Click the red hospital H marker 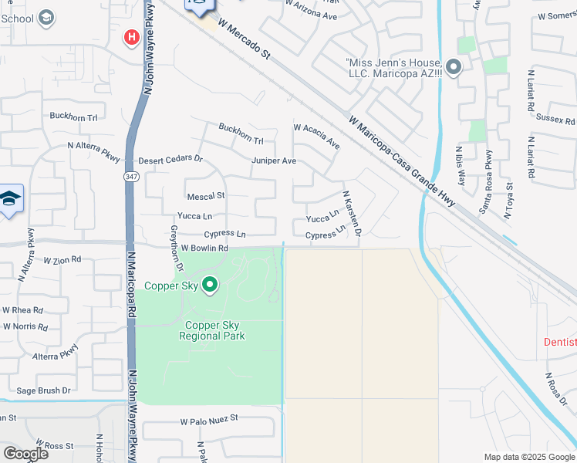click(131, 36)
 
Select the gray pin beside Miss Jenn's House click(453, 69)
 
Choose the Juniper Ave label click(273, 161)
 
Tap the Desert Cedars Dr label click(170, 160)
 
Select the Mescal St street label click(205, 196)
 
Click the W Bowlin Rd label click(204, 248)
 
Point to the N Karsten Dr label click(352, 214)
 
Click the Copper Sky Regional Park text click(212, 330)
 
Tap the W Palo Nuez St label click(210, 421)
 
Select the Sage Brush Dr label click(43, 391)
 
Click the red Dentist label click(560, 342)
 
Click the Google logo click(25, 453)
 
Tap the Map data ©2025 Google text click(528, 457)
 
